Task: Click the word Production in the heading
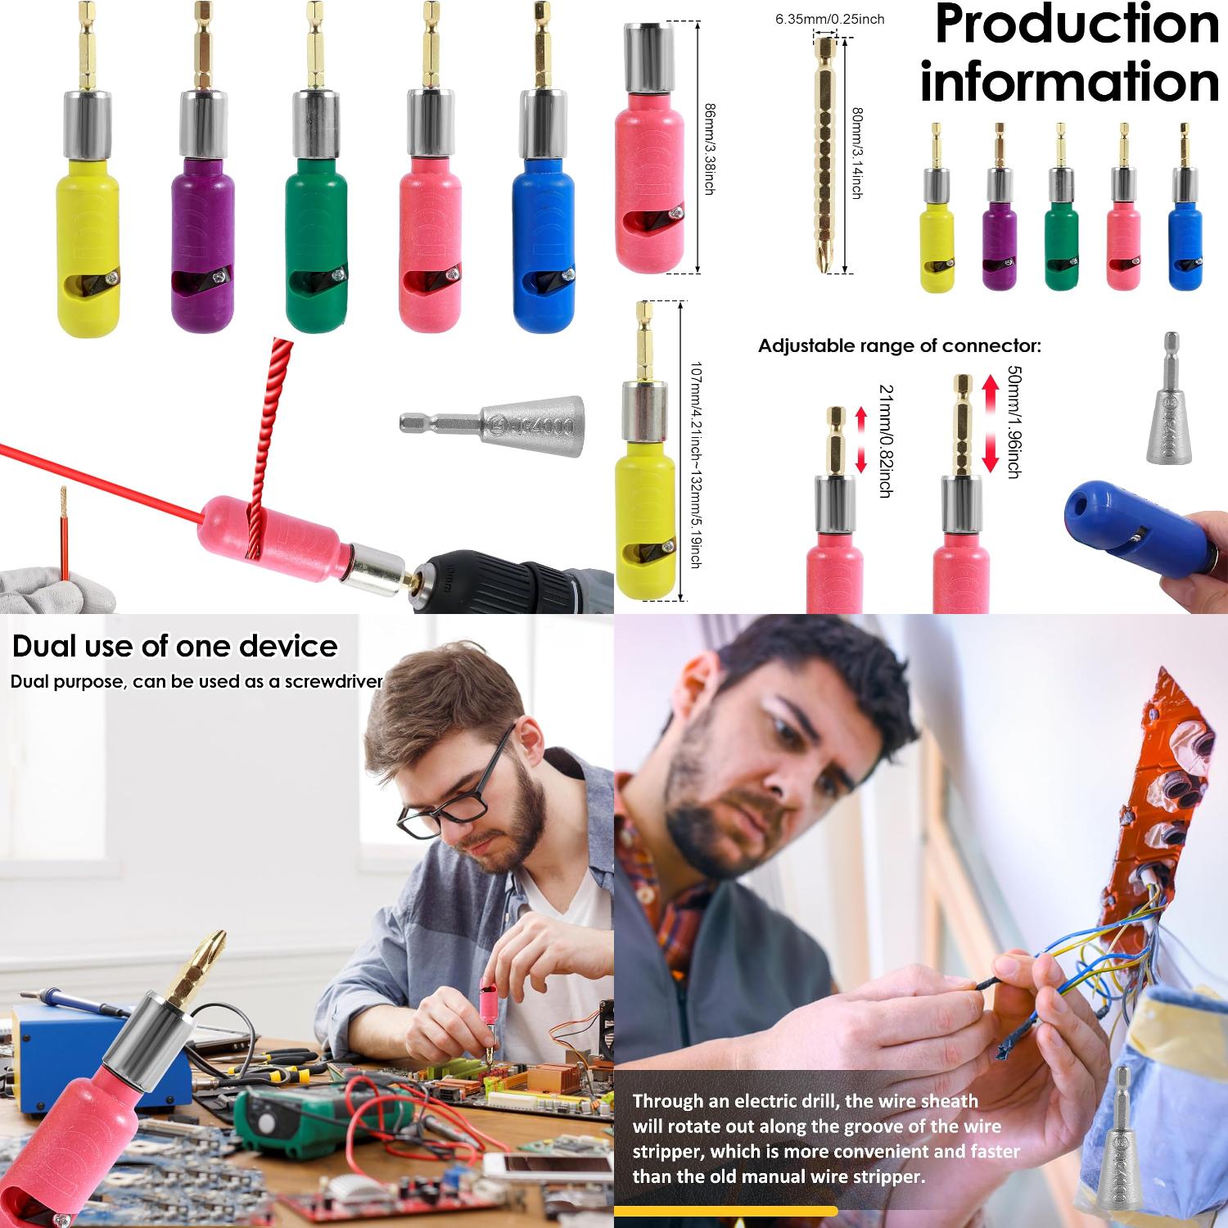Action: tap(1077, 26)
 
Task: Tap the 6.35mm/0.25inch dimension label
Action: tap(829, 19)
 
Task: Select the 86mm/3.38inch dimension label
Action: tap(709, 147)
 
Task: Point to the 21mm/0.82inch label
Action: tap(884, 440)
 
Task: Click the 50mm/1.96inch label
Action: tap(1014, 422)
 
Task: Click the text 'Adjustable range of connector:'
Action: tap(899, 345)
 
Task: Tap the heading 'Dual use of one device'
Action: tap(174, 646)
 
